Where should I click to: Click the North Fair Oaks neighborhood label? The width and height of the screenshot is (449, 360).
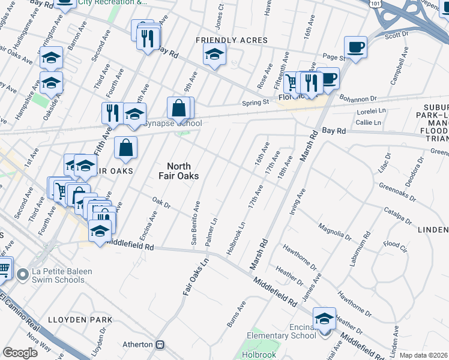(x=178, y=171)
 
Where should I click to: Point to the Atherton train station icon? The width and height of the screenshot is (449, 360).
(x=160, y=345)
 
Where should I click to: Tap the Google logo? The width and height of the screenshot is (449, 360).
(x=20, y=353)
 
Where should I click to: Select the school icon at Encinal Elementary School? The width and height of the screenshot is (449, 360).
(x=324, y=319)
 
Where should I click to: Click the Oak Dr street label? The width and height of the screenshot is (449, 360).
(x=161, y=204)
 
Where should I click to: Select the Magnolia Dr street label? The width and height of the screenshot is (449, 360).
(x=335, y=232)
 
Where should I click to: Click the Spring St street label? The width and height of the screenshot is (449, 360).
(x=255, y=103)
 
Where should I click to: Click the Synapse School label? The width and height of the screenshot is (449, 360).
(x=172, y=124)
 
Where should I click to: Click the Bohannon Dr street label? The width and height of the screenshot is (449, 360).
(x=359, y=98)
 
